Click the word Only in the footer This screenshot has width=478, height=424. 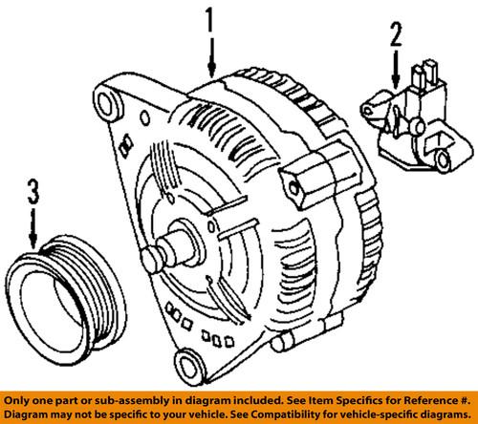[x=21, y=399]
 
